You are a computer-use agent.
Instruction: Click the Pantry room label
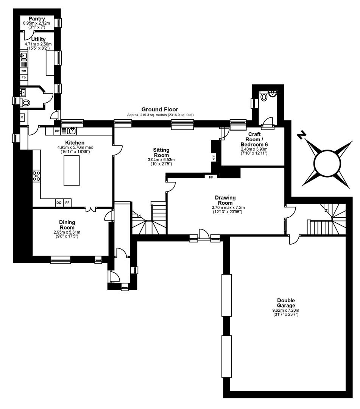click(x=37, y=19)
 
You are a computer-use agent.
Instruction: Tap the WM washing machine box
click(x=24, y=71)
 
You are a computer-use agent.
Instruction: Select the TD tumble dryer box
click(x=24, y=78)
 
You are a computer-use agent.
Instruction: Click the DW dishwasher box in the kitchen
click(x=57, y=131)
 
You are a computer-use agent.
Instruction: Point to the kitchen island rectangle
click(x=72, y=170)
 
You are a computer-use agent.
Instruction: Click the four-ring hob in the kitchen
click(x=36, y=176)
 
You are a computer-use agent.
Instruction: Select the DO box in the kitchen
click(x=59, y=202)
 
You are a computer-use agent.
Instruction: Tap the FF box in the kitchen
click(x=67, y=202)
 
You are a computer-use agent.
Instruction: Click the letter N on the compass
click(x=302, y=135)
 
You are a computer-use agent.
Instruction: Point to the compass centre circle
click(x=327, y=164)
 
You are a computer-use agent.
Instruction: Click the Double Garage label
click(x=286, y=303)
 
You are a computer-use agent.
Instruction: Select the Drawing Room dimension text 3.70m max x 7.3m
click(x=228, y=208)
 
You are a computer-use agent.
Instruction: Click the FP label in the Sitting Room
click(x=213, y=158)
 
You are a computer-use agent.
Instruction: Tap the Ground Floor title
click(x=160, y=109)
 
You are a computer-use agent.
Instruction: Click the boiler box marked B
click(x=23, y=117)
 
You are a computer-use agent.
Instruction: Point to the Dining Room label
click(x=67, y=225)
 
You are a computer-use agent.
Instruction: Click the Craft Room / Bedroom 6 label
click(x=254, y=139)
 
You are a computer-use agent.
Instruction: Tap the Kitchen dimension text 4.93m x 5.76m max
click(x=75, y=147)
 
